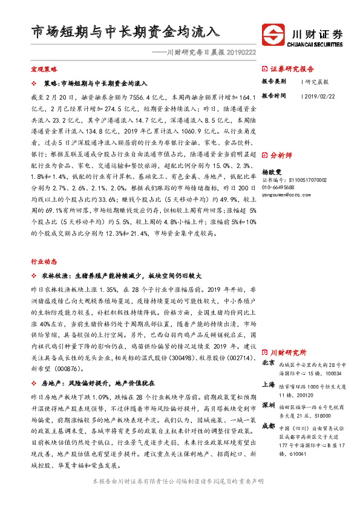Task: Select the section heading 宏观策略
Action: click(x=44, y=70)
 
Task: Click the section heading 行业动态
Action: click(x=44, y=245)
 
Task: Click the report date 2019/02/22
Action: click(x=320, y=96)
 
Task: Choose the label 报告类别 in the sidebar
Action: click(x=273, y=81)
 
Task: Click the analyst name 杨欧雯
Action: click(x=272, y=172)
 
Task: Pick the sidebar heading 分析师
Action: click(x=282, y=155)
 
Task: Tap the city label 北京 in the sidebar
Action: click(x=269, y=363)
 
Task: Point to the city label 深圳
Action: click(x=269, y=404)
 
